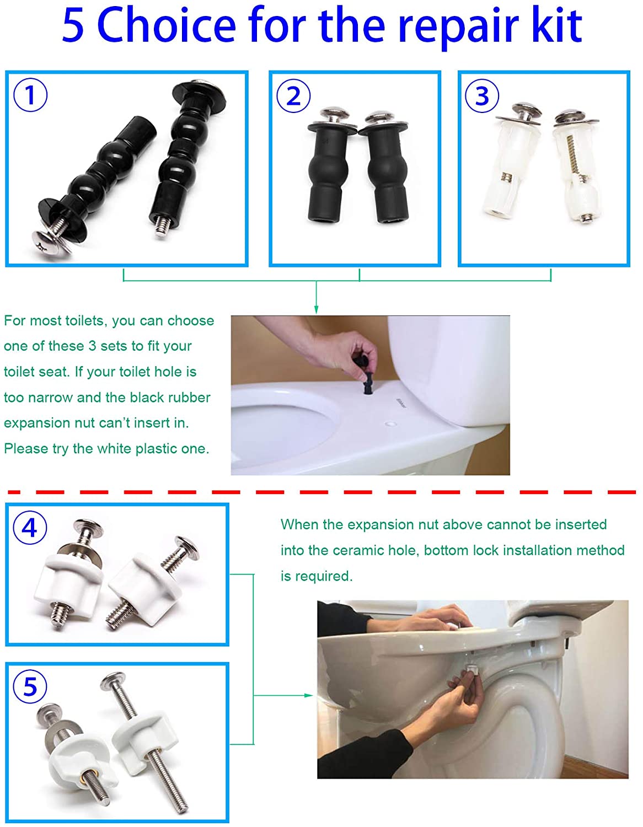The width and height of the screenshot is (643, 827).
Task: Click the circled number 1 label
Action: click(x=30, y=95)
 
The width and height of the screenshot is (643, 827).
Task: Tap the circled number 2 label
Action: click(x=293, y=96)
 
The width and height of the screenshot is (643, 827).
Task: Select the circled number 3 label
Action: click(x=482, y=95)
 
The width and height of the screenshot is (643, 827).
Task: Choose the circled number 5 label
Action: click(x=30, y=686)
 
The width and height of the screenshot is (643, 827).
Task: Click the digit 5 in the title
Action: click(x=73, y=26)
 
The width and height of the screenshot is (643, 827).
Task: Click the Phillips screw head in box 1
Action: click(x=51, y=241)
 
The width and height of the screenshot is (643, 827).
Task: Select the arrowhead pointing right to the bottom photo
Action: click(x=309, y=695)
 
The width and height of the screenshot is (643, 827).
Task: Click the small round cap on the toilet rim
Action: click(x=390, y=423)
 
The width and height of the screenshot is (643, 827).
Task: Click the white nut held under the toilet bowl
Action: click(x=472, y=668)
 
